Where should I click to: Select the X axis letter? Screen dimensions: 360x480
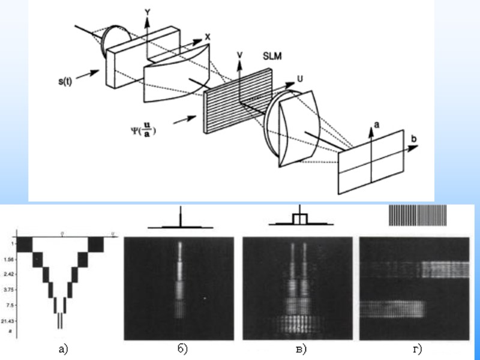[208, 37]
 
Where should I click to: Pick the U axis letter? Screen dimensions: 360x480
[299, 79]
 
